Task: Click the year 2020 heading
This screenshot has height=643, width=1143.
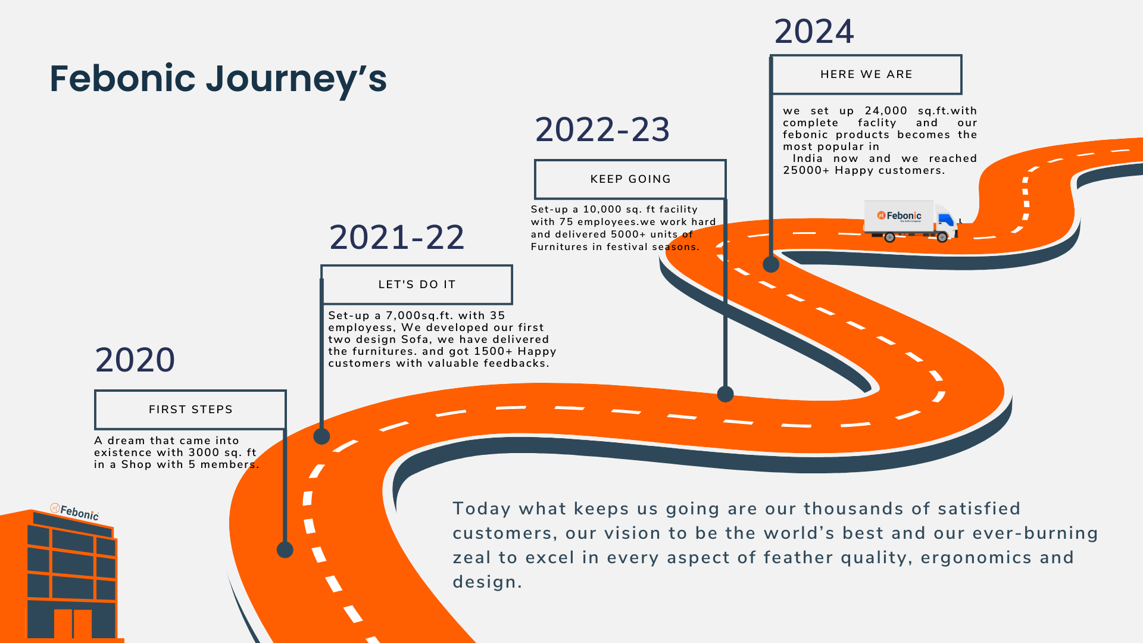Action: point(135,360)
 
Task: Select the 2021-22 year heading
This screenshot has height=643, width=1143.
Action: point(396,238)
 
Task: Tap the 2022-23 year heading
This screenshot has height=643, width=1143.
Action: point(602,130)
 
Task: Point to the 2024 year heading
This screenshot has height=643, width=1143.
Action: point(814,32)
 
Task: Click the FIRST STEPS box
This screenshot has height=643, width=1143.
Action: point(190,410)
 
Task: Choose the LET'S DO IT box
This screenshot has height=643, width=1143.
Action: point(417,285)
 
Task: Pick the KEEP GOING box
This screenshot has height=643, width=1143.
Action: point(630,179)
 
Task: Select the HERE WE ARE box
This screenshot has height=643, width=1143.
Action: point(866,74)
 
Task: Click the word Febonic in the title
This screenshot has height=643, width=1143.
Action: point(123,78)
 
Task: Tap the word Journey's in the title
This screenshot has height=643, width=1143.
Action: point(296,80)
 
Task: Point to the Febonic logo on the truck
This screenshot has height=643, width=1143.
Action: point(899,216)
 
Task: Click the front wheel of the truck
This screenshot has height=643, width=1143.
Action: point(942,237)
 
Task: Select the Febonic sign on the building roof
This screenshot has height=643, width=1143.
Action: point(74,511)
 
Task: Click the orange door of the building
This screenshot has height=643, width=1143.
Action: point(73,623)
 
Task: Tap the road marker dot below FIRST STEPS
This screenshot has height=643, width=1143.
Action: point(285,550)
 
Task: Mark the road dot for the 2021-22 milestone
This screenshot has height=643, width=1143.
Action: point(321,436)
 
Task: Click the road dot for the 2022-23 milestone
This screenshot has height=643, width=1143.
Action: point(725,394)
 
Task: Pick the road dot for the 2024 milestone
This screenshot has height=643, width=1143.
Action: point(771,264)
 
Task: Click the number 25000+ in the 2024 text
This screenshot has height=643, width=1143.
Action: point(806,170)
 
